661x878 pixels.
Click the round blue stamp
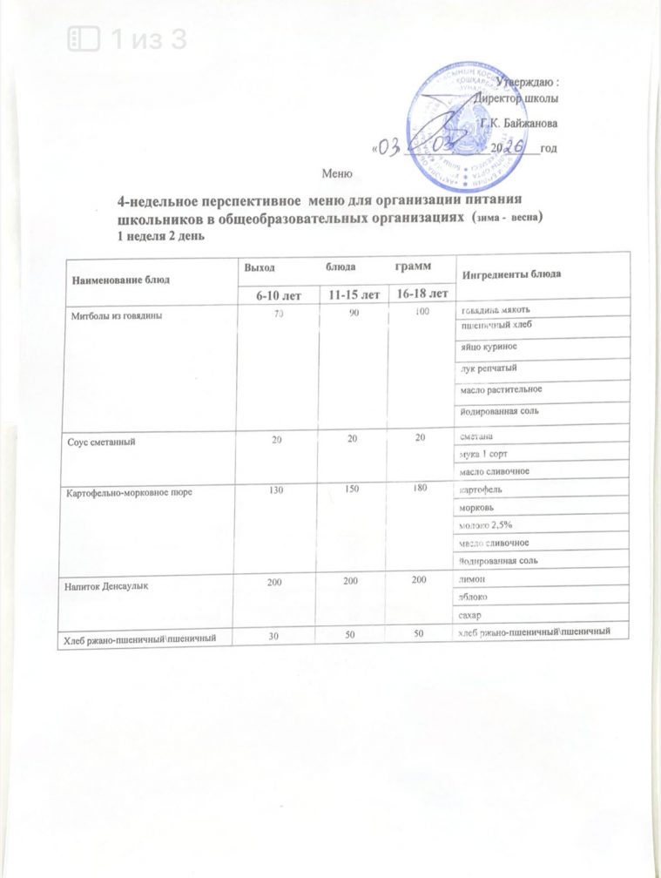coord(459,120)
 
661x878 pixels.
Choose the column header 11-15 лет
coord(353,295)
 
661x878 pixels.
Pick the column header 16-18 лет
coord(422,295)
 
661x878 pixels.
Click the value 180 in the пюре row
coord(422,491)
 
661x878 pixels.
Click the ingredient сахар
coord(473,616)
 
